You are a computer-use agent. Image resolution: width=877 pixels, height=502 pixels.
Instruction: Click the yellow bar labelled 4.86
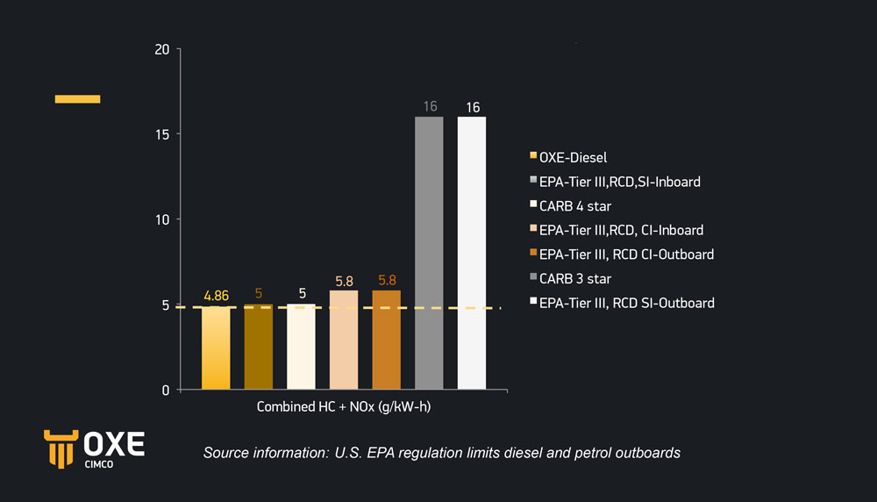click(216, 348)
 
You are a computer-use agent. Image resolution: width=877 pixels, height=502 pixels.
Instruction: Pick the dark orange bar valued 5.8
click(386, 340)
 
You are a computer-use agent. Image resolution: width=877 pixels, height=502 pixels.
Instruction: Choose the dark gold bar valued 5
click(258, 347)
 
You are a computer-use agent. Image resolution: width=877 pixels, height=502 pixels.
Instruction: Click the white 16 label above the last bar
click(473, 107)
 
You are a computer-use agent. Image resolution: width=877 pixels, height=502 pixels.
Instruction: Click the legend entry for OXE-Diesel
click(574, 158)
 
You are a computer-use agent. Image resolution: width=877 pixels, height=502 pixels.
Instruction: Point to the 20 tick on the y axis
click(161, 49)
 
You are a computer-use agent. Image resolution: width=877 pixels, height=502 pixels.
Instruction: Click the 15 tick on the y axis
click(161, 134)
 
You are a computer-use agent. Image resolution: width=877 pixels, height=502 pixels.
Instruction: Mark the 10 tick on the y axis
click(161, 219)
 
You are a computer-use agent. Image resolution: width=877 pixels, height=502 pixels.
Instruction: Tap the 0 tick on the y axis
click(165, 390)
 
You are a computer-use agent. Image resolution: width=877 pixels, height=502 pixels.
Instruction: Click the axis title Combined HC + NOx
click(344, 407)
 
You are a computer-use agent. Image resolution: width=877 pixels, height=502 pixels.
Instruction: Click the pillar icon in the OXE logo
click(59, 449)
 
